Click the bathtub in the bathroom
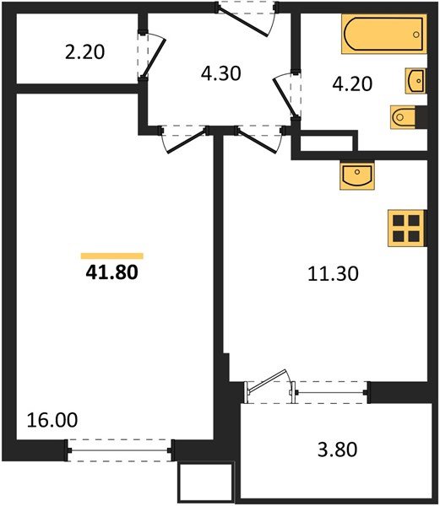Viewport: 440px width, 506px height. [x=382, y=36]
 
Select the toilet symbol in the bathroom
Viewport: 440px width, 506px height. [x=404, y=116]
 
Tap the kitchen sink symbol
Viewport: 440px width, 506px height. [x=358, y=176]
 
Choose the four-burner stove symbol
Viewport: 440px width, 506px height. [x=406, y=227]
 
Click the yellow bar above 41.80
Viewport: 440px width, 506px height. [x=111, y=256]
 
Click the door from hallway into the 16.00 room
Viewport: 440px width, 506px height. [x=187, y=137]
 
